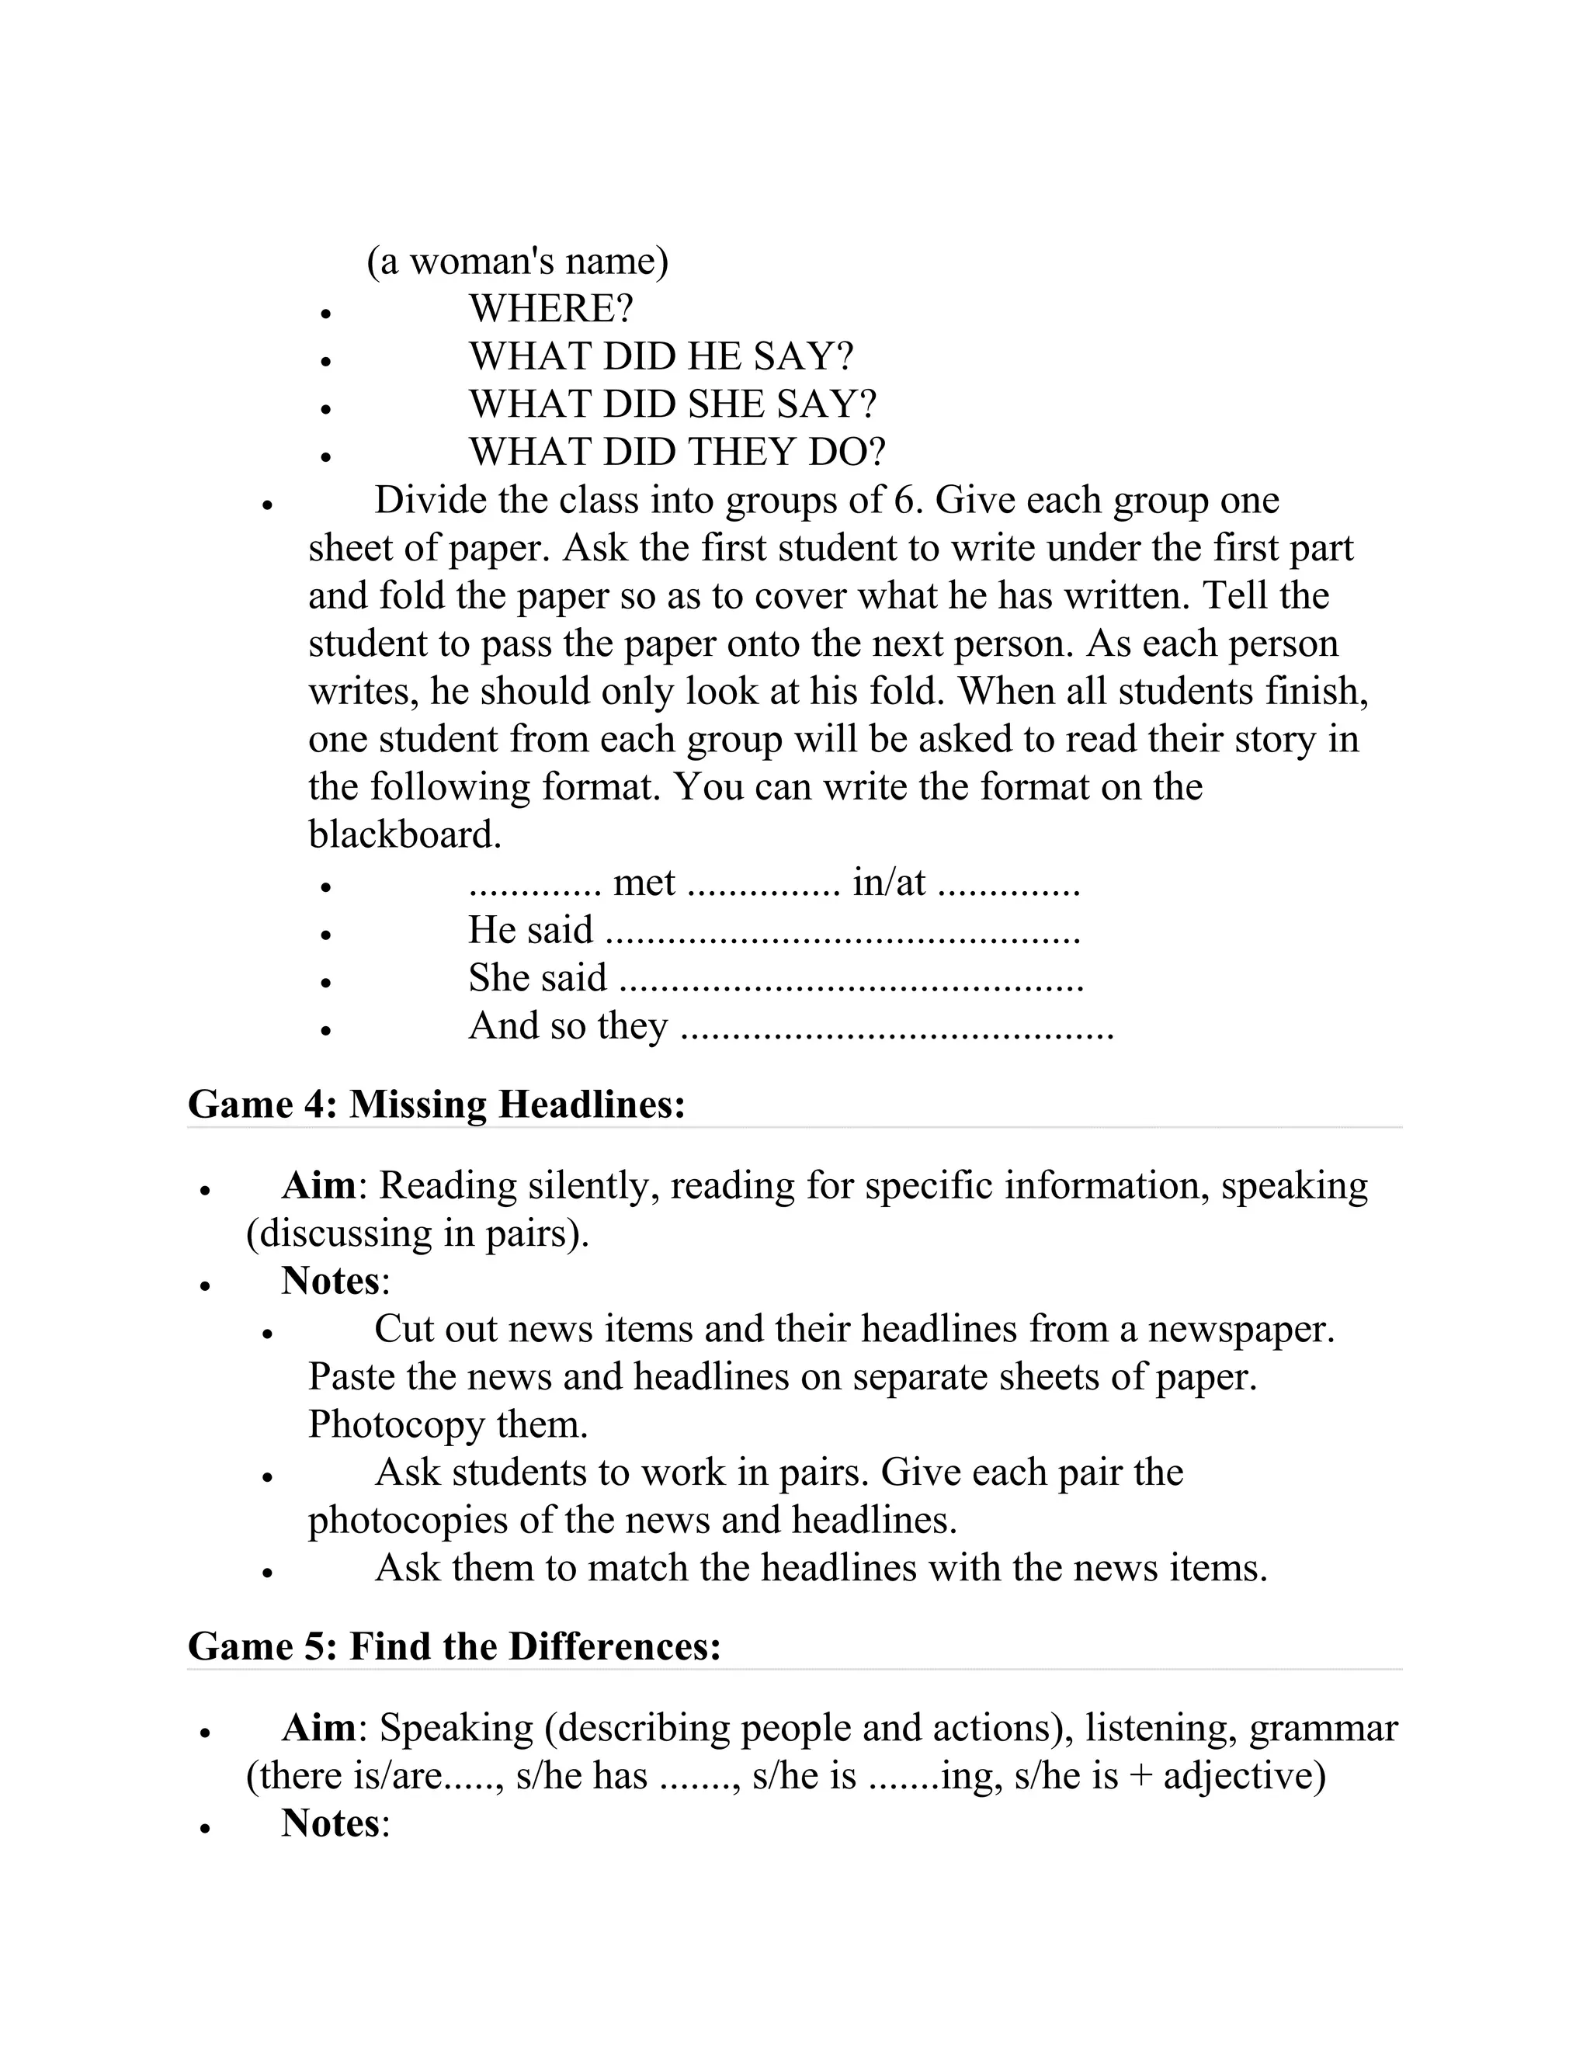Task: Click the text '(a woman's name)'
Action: pos(517,261)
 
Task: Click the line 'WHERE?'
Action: pos(551,309)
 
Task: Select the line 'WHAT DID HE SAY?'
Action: pos(661,356)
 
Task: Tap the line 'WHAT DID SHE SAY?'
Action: pos(672,404)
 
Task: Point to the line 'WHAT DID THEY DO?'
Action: pos(677,452)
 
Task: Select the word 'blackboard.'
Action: pos(405,834)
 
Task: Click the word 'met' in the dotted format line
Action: pos(644,883)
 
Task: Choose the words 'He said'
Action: pos(530,931)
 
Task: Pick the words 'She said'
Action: pos(538,977)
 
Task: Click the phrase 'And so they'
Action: pos(568,1025)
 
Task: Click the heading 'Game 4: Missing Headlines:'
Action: pos(436,1104)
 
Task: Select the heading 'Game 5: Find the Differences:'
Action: pos(454,1646)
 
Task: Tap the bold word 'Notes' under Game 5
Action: pos(330,1823)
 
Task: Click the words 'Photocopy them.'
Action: pos(447,1424)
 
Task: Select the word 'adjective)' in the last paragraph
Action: pos(1245,1776)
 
